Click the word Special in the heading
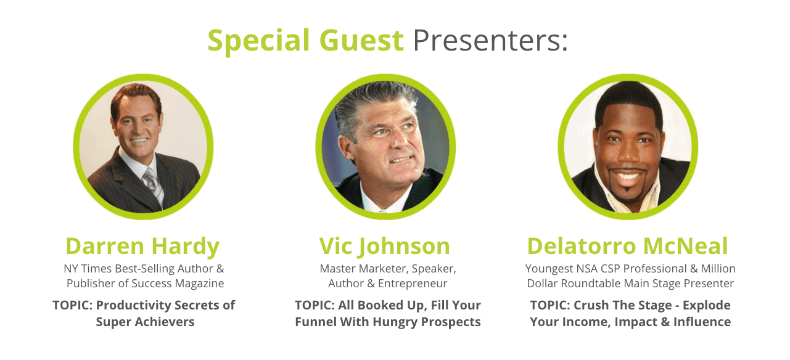[x=258, y=41]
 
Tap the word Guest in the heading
[x=361, y=40]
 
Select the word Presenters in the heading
[x=487, y=40]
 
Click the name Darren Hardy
[x=142, y=246]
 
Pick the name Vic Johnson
[x=384, y=246]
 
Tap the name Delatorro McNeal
[x=627, y=246]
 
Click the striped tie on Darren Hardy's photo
[x=154, y=186]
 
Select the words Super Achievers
[x=145, y=322]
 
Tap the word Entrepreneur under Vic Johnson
[x=413, y=284]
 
